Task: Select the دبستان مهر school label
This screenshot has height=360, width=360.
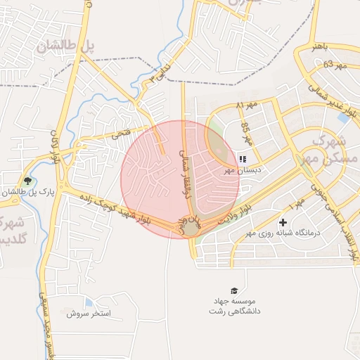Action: [x=243, y=170]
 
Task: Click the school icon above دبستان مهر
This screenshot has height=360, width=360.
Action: [x=243, y=160]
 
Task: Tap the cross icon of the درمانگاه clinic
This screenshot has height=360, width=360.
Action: [x=283, y=222]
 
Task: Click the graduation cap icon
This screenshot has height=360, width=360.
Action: [x=233, y=290]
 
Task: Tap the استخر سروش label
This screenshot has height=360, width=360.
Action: [x=90, y=314]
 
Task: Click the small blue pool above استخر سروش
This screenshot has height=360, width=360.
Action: [x=89, y=302]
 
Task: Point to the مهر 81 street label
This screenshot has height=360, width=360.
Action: [x=247, y=105]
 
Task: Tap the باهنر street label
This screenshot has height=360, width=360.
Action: [x=321, y=46]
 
